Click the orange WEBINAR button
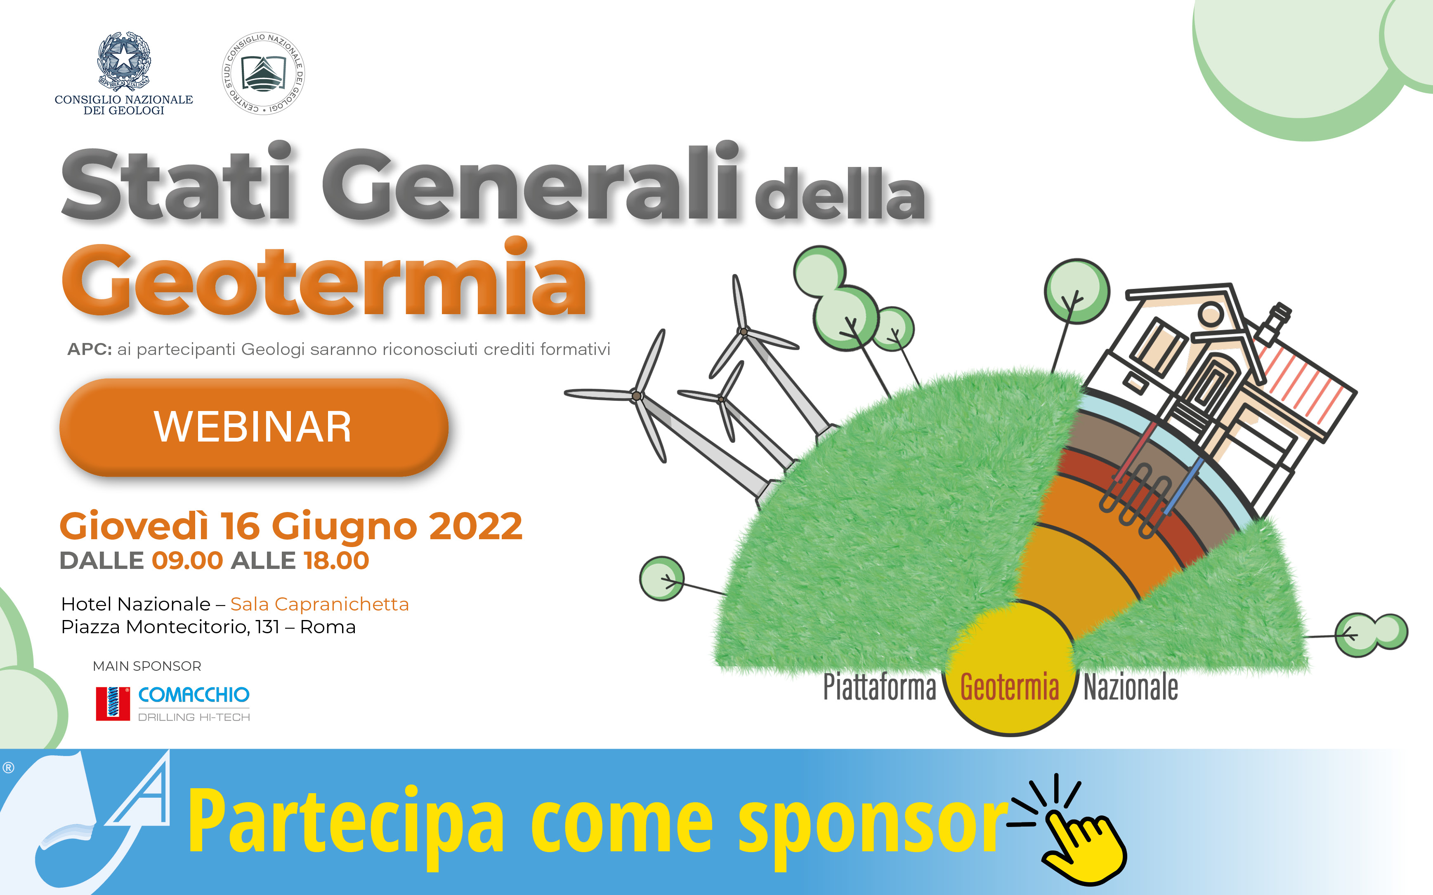pyautogui.click(x=253, y=427)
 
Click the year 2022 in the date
pyautogui.click(x=475, y=526)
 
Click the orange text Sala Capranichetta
pyautogui.click(x=319, y=604)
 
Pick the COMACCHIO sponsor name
pyautogui.click(x=194, y=694)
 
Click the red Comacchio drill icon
pyautogui.click(x=113, y=703)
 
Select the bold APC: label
pyautogui.click(x=90, y=349)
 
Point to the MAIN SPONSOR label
pyautogui.click(x=147, y=666)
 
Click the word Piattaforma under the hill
pyautogui.click(x=879, y=687)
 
